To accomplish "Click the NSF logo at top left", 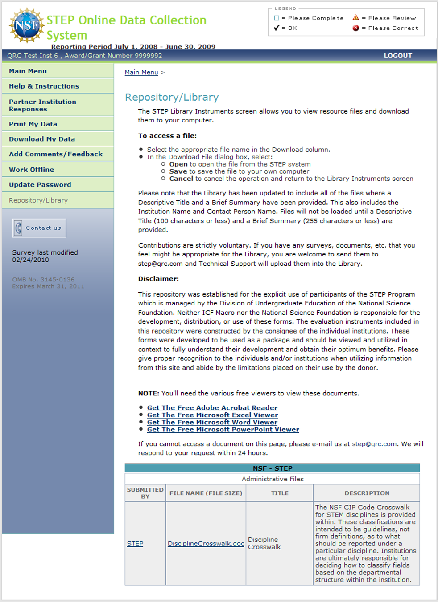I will point(27,25).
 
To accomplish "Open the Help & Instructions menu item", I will point(44,86).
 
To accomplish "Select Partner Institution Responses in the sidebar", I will point(42,106).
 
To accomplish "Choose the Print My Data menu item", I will point(33,124).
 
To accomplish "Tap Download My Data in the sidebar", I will point(42,139).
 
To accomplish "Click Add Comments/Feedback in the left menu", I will point(56,154).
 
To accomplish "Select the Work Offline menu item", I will point(31,170).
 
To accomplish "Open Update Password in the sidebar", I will point(40,185).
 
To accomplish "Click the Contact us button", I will point(39,228).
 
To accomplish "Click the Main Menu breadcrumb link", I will point(141,72).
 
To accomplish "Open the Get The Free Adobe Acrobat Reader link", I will point(212,408).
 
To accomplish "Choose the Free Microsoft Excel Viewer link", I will point(212,415).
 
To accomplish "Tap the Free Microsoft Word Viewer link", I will point(212,422).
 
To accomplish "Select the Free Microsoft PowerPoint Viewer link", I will point(223,430).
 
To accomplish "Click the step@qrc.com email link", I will point(374,444).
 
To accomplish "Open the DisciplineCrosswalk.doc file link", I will point(206,544).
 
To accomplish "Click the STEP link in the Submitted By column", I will point(135,544).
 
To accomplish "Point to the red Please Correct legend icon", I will point(355,28).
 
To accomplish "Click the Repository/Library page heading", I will point(172,97).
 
